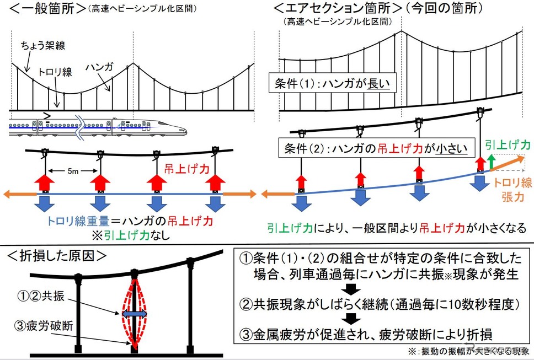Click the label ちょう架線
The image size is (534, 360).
click(x=43, y=46)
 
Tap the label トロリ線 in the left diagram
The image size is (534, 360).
click(x=55, y=72)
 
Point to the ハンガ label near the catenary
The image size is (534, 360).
click(x=99, y=67)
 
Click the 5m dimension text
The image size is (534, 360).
click(x=72, y=171)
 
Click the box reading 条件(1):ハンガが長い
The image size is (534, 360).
click(x=333, y=83)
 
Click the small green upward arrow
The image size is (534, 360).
click(x=491, y=162)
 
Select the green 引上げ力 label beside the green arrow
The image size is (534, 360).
click(x=508, y=145)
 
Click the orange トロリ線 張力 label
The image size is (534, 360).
click(x=513, y=190)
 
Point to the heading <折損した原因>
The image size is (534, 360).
click(x=57, y=256)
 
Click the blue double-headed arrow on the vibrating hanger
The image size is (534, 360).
click(x=135, y=314)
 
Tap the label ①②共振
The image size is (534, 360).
click(x=41, y=296)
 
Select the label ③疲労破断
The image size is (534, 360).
click(x=44, y=326)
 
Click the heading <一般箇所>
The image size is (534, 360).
click(x=47, y=8)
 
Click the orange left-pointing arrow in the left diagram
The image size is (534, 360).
click(x=20, y=194)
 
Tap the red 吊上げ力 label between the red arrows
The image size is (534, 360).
click(x=186, y=169)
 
